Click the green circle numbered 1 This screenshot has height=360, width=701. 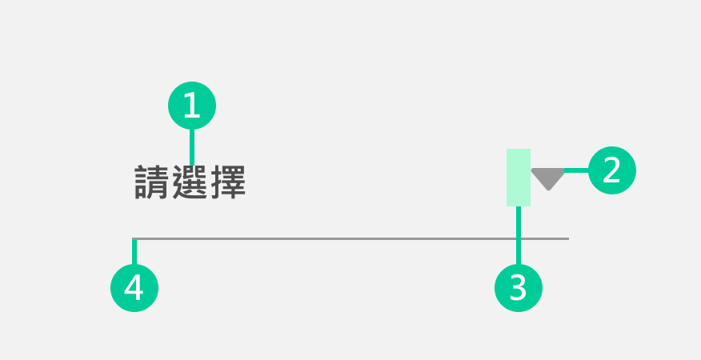pos(192,106)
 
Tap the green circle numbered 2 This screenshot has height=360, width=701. pos(612,170)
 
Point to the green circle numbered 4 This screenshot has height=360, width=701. pos(134,286)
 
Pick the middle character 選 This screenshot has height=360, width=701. pos(190,182)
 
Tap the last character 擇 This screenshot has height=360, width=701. pos(227,182)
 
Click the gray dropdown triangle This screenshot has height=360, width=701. pos(548,177)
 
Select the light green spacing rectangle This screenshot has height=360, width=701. pos(519,177)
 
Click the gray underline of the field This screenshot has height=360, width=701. pos(352,238)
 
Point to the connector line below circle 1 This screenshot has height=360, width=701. pos(192,146)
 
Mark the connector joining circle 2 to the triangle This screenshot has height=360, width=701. pos(576,170)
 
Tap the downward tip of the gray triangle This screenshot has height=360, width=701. pos(548,190)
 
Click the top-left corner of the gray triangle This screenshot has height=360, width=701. pos(531,169)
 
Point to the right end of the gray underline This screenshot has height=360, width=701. pos(568,238)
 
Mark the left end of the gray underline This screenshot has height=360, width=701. pos(133,238)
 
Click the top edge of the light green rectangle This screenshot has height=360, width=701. pos(519,149)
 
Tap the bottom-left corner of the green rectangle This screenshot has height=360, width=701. pos(507,206)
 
